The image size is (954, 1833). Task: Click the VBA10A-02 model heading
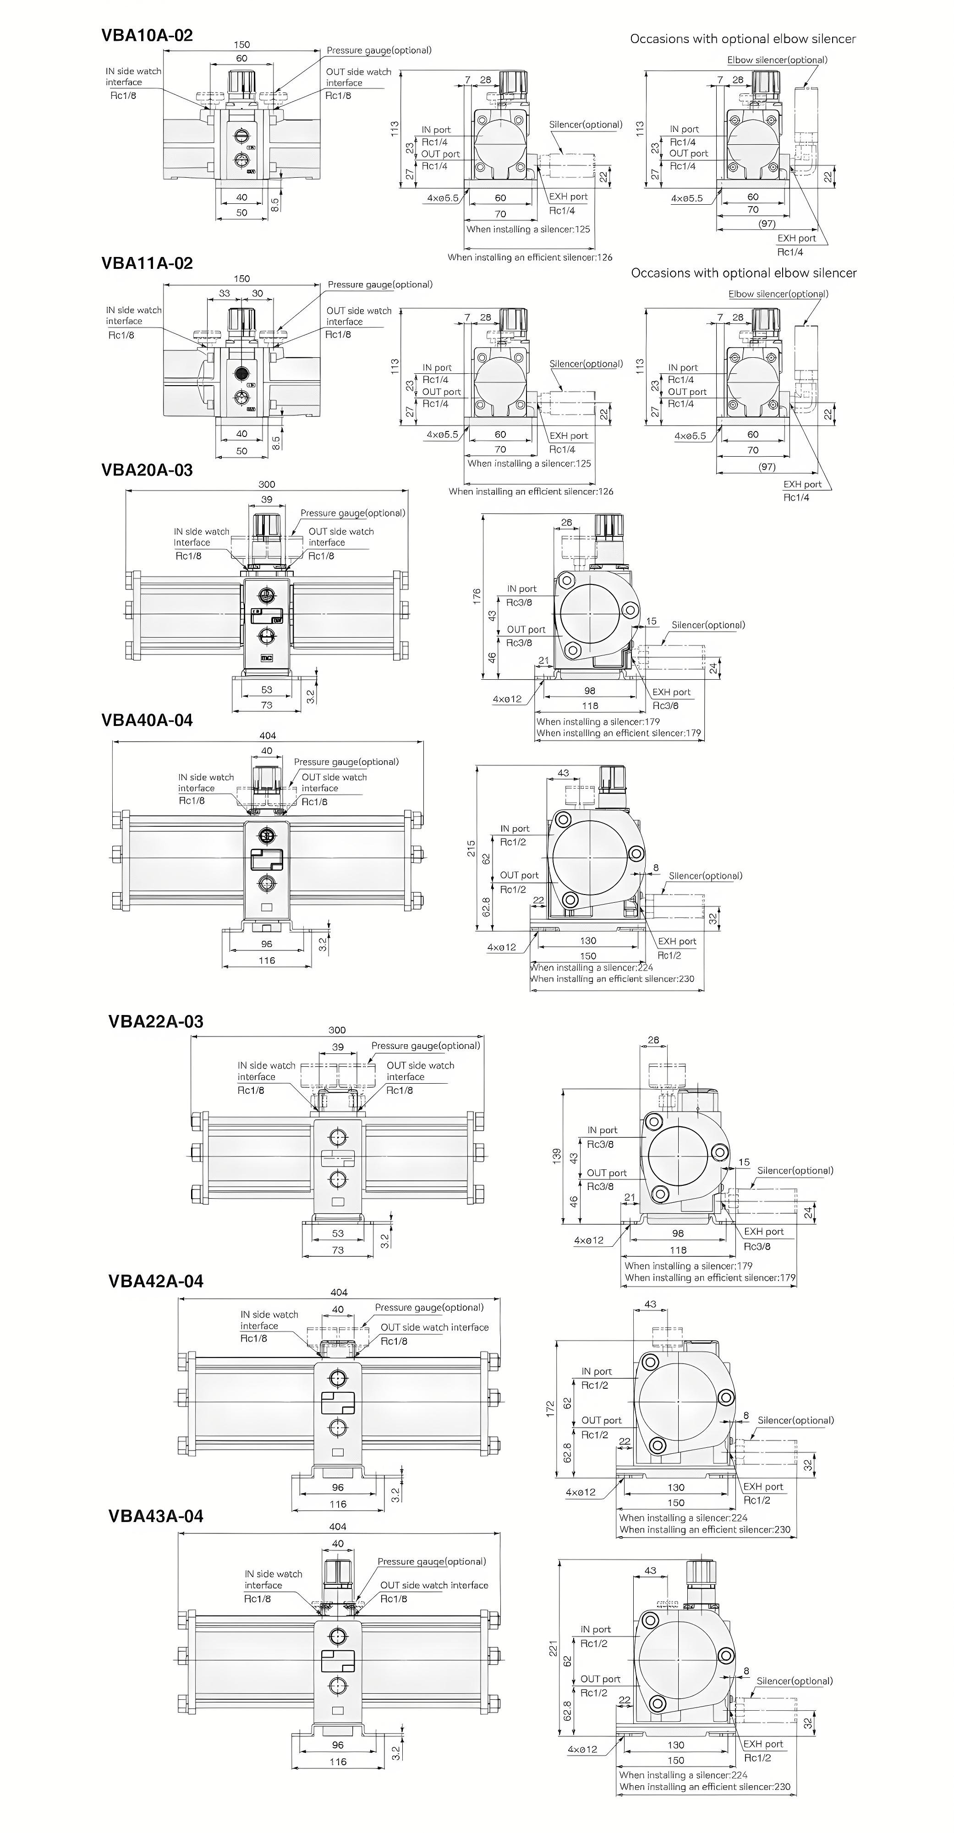pyautogui.click(x=147, y=36)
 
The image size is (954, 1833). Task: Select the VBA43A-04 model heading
pyautogui.click(x=155, y=1516)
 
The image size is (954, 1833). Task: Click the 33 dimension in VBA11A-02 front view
pyautogui.click(x=224, y=293)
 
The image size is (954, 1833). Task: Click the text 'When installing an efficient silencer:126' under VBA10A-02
pyautogui.click(x=530, y=257)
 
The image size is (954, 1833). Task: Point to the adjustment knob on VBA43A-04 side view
pyautogui.click(x=701, y=1581)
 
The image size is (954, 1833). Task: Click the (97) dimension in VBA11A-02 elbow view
pyautogui.click(x=767, y=467)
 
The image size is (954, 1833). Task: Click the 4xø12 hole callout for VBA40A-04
pyautogui.click(x=501, y=947)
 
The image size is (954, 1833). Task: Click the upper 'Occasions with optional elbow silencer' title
pyautogui.click(x=743, y=39)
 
